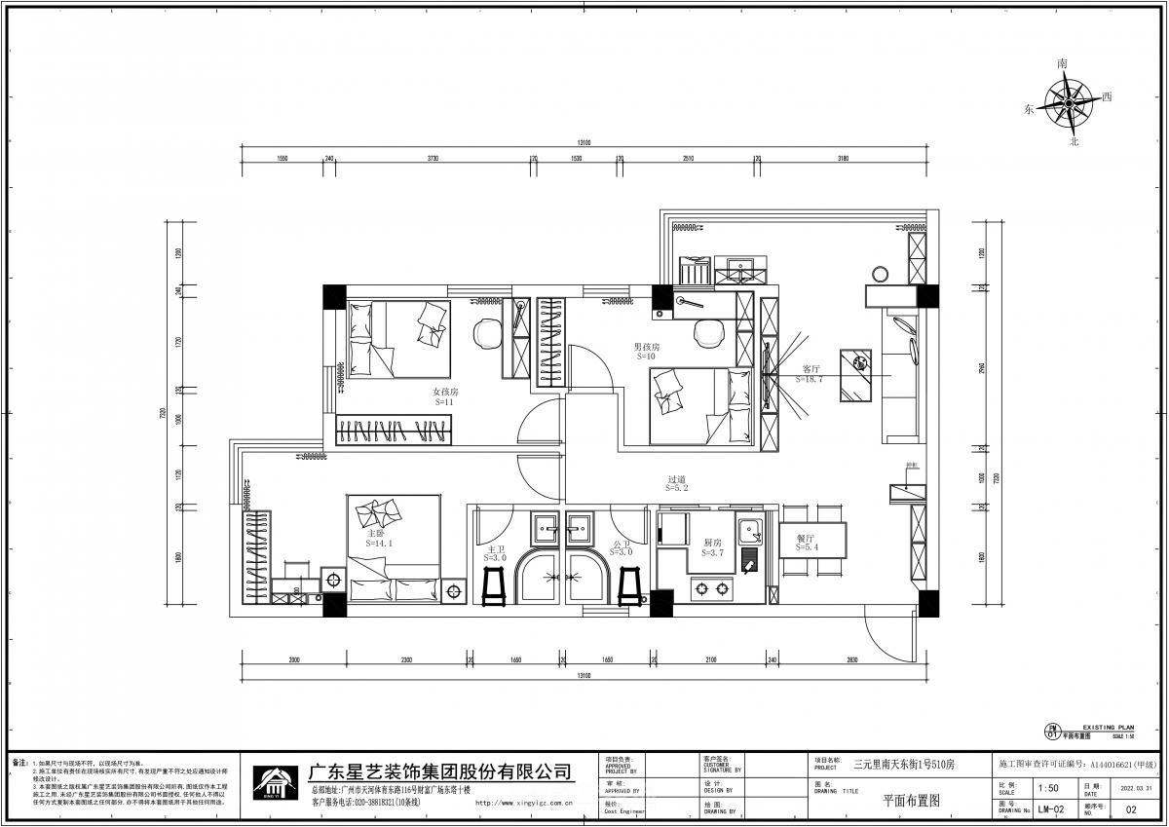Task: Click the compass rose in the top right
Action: pyautogui.click(x=1074, y=100)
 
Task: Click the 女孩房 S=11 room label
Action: pyautogui.click(x=446, y=396)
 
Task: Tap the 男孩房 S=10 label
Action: pyautogui.click(x=646, y=352)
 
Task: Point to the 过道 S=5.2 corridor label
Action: pyautogui.click(x=678, y=484)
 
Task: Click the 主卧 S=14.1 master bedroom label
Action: pyautogui.click(x=378, y=539)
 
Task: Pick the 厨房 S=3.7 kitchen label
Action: pyautogui.click(x=711, y=547)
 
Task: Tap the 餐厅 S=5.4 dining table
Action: pyautogui.click(x=811, y=542)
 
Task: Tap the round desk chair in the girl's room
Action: pyautogui.click(x=486, y=333)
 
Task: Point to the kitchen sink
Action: pyautogui.click(x=749, y=531)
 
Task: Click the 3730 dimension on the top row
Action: pyautogui.click(x=432, y=158)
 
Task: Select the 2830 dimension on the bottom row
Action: pyautogui.click(x=853, y=660)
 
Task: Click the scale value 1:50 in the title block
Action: pyautogui.click(x=1048, y=789)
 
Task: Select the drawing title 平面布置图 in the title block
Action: pyautogui.click(x=911, y=801)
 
